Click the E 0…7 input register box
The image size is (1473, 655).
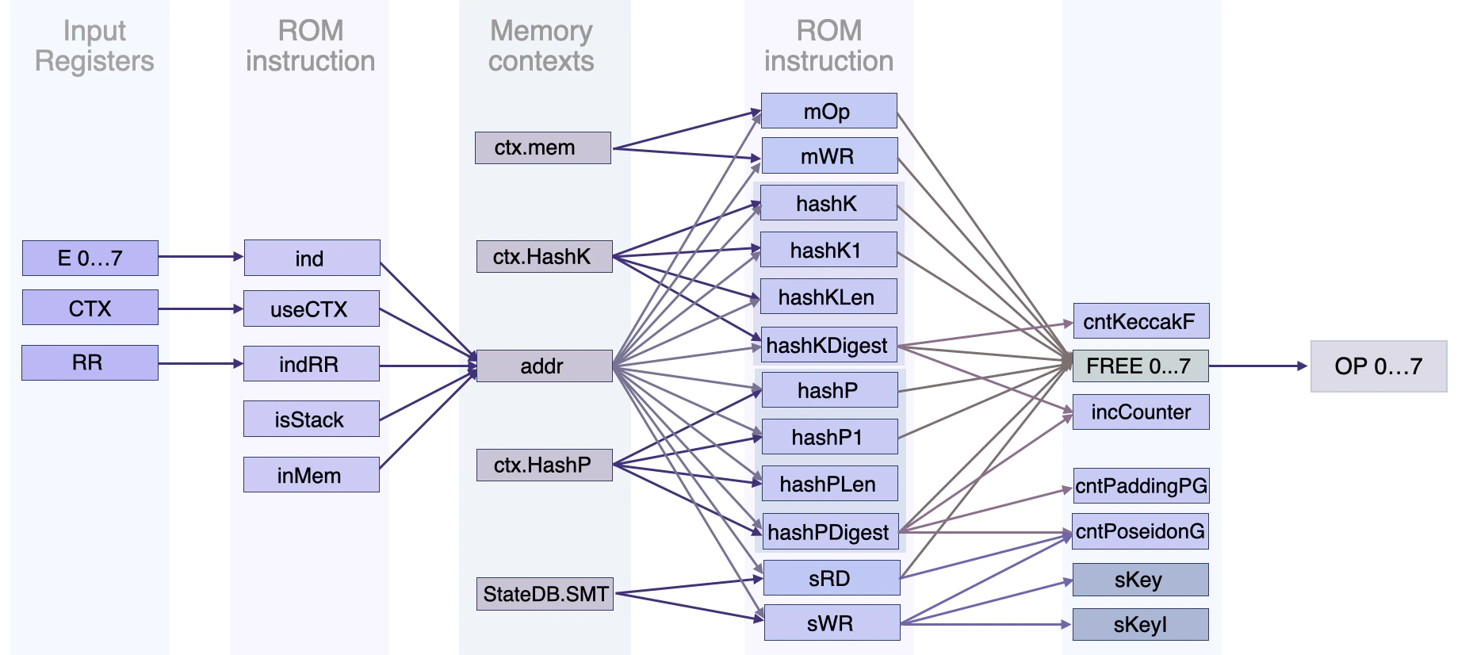[x=90, y=259]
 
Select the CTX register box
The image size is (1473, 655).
[x=90, y=308]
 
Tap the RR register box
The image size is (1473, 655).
[x=90, y=362]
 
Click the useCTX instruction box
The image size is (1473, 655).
[x=311, y=308]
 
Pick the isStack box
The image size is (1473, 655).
[x=311, y=419]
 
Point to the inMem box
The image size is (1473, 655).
[x=311, y=475]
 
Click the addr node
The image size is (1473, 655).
[x=544, y=366]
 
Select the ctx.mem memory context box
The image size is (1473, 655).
[x=542, y=148]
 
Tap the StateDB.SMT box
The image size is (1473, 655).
[x=545, y=594]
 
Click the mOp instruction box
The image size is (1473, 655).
[x=828, y=111]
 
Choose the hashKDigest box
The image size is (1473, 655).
[x=828, y=346]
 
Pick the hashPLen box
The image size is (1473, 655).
[x=828, y=484]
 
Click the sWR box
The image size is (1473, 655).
[x=831, y=623]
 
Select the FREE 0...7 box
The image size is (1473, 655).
[x=1140, y=366]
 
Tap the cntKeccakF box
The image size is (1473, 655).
[x=1140, y=321]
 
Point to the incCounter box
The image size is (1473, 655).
[x=1140, y=412]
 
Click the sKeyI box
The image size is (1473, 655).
[x=1140, y=625]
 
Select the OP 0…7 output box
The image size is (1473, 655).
[x=1378, y=366]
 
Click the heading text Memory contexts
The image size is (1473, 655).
[x=541, y=46]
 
